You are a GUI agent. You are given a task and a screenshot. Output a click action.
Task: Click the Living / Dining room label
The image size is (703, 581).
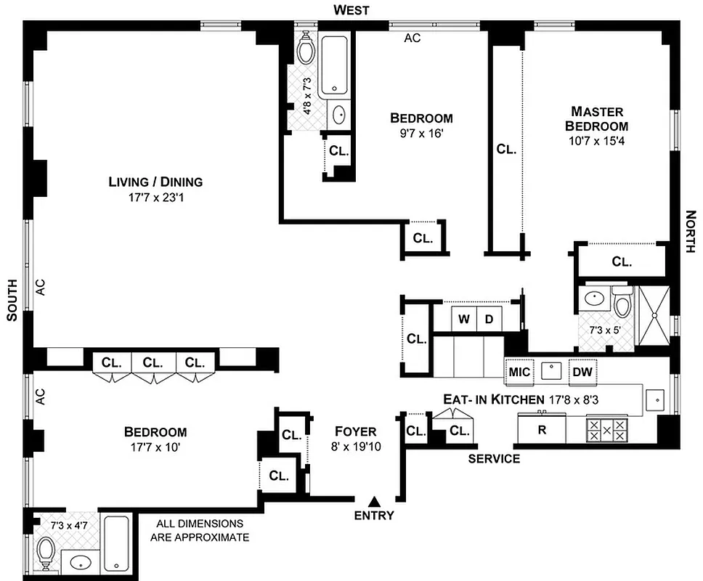tap(155, 182)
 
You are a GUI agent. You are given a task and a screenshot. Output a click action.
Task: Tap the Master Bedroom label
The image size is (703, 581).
tap(597, 118)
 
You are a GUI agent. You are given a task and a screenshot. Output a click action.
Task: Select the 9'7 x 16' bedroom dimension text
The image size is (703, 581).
tap(421, 133)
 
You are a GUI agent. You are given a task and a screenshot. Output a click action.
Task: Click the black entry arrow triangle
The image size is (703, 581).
tap(375, 501)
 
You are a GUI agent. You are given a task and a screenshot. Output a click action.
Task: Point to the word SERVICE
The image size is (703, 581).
tap(494, 458)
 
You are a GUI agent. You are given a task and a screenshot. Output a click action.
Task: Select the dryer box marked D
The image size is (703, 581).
tap(489, 318)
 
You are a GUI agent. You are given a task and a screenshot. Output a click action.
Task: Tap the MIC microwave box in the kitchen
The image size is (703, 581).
tap(520, 372)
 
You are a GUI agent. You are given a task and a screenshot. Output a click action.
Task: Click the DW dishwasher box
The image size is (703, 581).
tap(583, 372)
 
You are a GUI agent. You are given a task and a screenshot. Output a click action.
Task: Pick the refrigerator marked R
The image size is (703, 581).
tap(542, 428)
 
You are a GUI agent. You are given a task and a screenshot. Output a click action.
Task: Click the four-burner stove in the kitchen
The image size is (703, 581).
tap(607, 428)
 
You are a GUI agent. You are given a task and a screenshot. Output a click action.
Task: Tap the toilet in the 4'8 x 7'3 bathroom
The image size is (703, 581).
tap(305, 48)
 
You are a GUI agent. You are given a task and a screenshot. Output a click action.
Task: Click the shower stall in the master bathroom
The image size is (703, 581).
tap(655, 316)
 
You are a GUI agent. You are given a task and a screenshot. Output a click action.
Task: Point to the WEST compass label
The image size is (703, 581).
tap(351, 9)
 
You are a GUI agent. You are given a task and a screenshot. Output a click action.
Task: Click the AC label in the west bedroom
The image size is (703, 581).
tap(413, 38)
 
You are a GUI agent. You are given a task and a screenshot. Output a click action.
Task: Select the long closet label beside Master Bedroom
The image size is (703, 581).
tap(506, 150)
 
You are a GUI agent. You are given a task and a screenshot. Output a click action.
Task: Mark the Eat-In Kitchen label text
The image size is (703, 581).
tap(494, 399)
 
